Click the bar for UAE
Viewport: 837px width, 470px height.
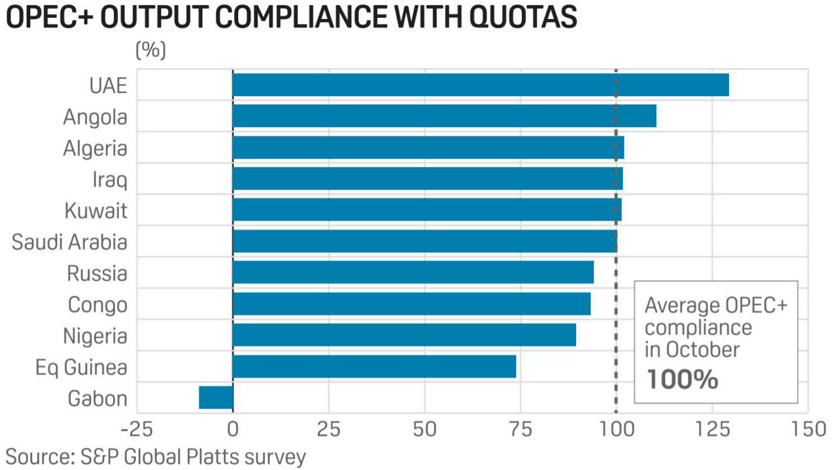(x=481, y=85)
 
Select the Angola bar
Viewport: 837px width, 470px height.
(x=444, y=116)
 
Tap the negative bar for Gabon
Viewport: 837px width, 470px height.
(x=216, y=397)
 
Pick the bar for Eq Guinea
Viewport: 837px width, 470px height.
(x=374, y=367)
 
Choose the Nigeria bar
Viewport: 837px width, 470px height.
(x=404, y=334)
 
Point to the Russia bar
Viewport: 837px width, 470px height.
(x=413, y=272)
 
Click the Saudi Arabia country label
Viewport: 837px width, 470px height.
(x=69, y=242)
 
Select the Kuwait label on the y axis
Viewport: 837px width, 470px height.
(x=95, y=211)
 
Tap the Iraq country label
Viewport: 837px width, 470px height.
(x=109, y=180)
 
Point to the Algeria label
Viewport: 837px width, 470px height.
(x=95, y=149)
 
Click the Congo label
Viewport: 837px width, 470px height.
(x=97, y=304)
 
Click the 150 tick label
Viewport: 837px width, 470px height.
(x=808, y=430)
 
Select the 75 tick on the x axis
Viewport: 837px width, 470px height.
(x=521, y=430)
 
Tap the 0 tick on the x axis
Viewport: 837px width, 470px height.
(x=233, y=430)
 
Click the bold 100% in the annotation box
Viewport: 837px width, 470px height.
(x=682, y=379)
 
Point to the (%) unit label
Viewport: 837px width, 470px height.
(x=150, y=50)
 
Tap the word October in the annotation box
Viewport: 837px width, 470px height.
(x=702, y=350)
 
